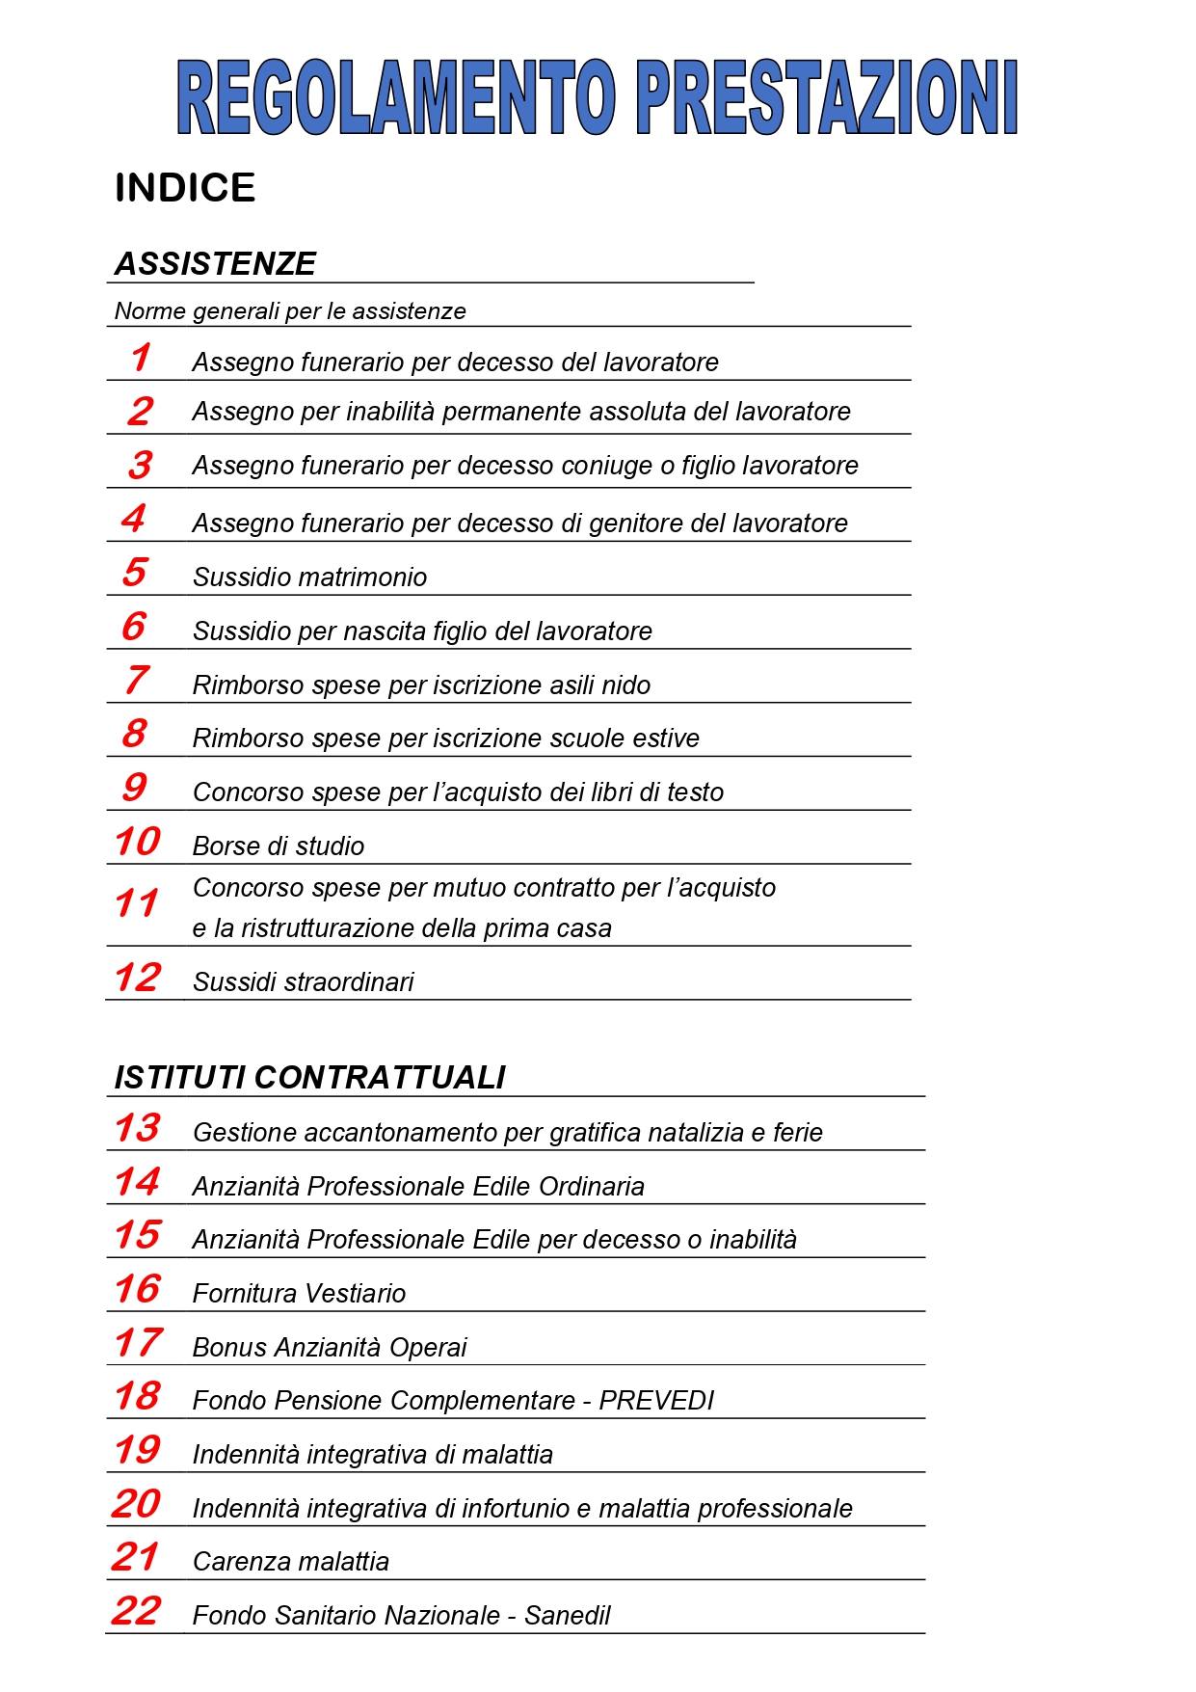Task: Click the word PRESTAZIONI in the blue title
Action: pyautogui.click(x=827, y=96)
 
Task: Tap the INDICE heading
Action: pyautogui.click(x=185, y=187)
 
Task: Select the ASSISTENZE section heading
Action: pyautogui.click(x=215, y=263)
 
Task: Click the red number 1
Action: pyautogui.click(x=141, y=358)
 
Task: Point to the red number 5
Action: pyautogui.click(x=135, y=572)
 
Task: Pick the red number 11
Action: pyautogui.click(x=136, y=903)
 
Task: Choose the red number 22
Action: pyautogui.click(x=136, y=1610)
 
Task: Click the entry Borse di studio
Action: pyautogui.click(x=279, y=846)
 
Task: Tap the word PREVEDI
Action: pyautogui.click(x=656, y=1400)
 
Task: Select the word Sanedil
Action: pyautogui.click(x=567, y=1615)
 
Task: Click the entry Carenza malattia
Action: pyautogui.click(x=291, y=1561)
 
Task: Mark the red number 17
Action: pyautogui.click(x=138, y=1342)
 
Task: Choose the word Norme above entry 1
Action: pyautogui.click(x=150, y=310)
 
